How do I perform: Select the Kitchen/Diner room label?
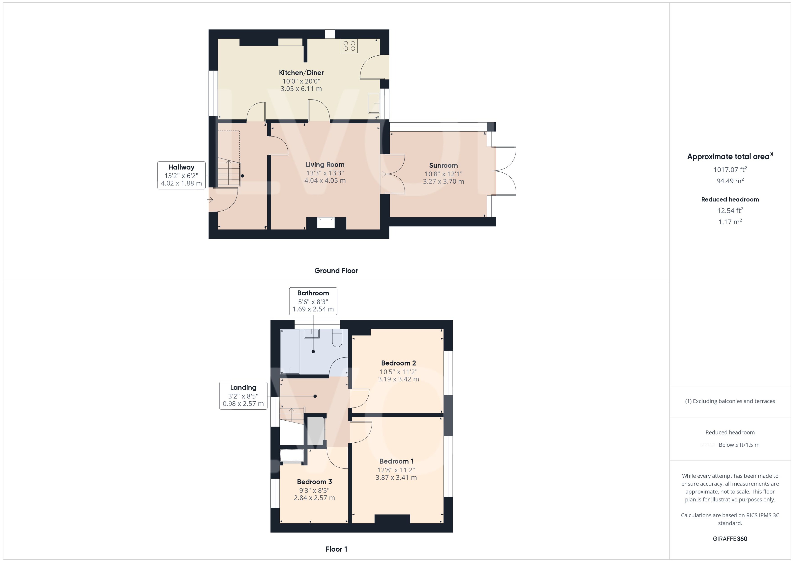coord(301,73)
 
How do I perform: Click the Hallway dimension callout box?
coord(181,175)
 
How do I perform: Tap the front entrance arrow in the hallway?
coord(210,200)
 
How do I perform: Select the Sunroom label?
coord(443,165)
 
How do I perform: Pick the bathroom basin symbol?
coord(311,334)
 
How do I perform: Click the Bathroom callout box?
coord(313,301)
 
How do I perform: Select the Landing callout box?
coord(243,395)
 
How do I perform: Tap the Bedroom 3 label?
coord(314,482)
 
